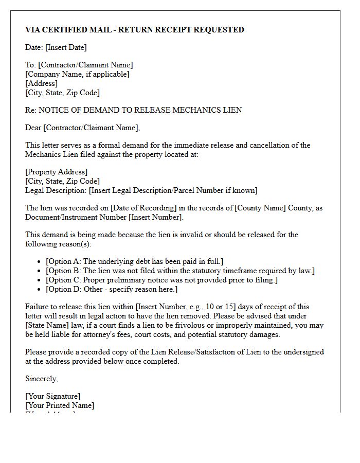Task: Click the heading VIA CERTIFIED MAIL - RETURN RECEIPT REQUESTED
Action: pyautogui.click(x=135, y=30)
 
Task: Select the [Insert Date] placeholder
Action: pyautogui.click(x=66, y=47)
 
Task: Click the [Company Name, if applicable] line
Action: pyautogui.click(x=77, y=74)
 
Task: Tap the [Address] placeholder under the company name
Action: pyautogui.click(x=41, y=83)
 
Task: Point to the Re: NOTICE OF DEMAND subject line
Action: pyautogui.click(x=133, y=110)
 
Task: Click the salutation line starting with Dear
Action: pyautogui.click(x=82, y=128)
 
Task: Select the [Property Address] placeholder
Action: pyautogui.click(x=57, y=172)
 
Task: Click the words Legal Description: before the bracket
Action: pyautogui.click(x=56, y=190)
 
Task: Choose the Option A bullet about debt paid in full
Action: pyautogui.click(x=134, y=261)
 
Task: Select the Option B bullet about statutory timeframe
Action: pyautogui.click(x=180, y=271)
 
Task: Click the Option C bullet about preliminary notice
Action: pyautogui.click(x=161, y=280)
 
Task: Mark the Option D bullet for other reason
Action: pyautogui.click(x=119, y=289)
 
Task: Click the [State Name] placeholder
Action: pyautogui.click(x=48, y=325)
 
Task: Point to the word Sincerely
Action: pyautogui.click(x=41, y=379)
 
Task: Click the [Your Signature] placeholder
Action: pyautogui.click(x=53, y=396)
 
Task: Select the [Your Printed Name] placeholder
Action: pyautogui.click(x=60, y=405)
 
